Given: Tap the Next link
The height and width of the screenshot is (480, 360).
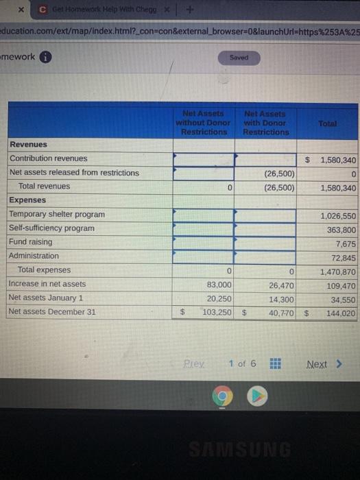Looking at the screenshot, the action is (x=322, y=364).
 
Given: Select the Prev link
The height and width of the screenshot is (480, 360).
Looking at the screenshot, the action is (x=195, y=363).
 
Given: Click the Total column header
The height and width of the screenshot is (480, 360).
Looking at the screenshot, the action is (x=328, y=122).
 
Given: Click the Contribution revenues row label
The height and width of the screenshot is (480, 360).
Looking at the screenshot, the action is (x=49, y=158).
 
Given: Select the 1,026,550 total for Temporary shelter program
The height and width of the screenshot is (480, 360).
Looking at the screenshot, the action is (x=338, y=215).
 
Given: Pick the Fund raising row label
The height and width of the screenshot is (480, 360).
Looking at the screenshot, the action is (x=30, y=242).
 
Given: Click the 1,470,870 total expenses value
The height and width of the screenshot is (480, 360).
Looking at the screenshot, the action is (x=338, y=270).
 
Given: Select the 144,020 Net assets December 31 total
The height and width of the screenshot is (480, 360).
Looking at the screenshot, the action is (x=341, y=312).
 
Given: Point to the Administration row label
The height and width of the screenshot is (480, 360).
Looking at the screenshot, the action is (x=34, y=256).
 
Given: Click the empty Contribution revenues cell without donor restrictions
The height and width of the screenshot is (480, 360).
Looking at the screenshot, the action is (x=203, y=159).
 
